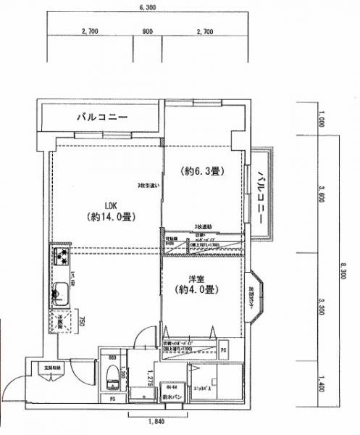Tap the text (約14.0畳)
(x=112, y=216)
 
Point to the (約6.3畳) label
(x=201, y=172)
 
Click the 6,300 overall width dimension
(x=149, y=7)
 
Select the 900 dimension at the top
(x=148, y=32)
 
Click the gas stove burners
(x=59, y=257)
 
